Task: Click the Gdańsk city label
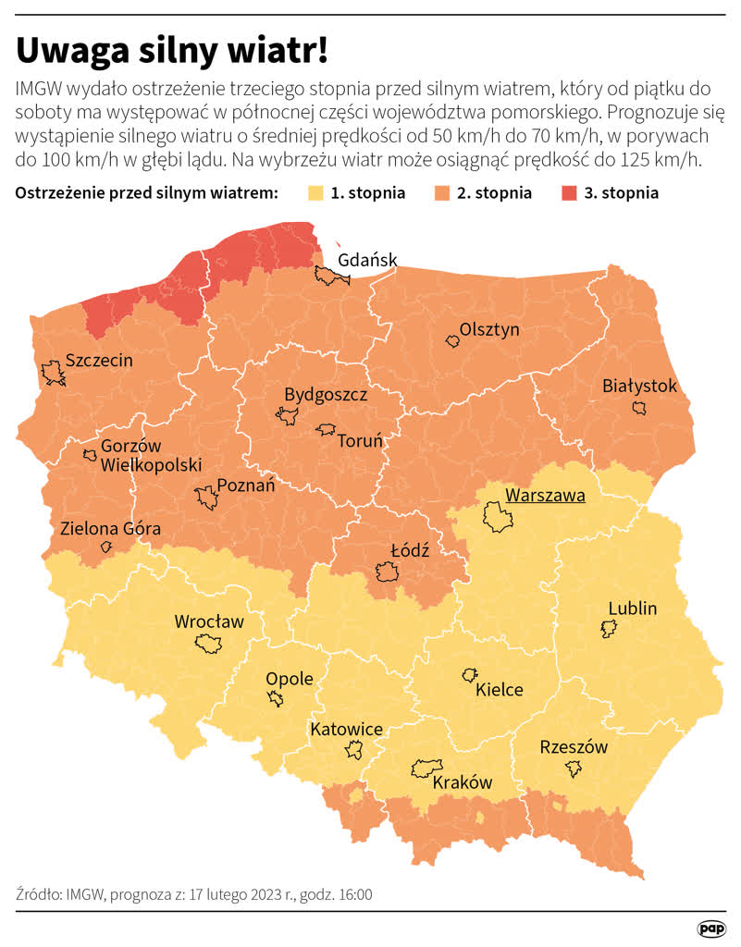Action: (x=367, y=260)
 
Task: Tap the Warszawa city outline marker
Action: (x=496, y=517)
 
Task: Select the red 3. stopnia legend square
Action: (x=566, y=193)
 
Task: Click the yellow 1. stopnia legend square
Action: (x=314, y=193)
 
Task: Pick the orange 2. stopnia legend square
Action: (x=439, y=193)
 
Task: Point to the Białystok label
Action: (x=639, y=386)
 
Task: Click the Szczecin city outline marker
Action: (x=53, y=375)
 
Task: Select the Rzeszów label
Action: (x=574, y=747)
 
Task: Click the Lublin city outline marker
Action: (x=609, y=629)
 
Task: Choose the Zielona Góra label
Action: (x=110, y=530)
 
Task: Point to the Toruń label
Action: (x=359, y=441)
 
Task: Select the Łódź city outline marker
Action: (x=387, y=573)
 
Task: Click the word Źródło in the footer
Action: (x=39, y=894)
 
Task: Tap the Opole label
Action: (x=290, y=679)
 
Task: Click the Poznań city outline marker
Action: (x=207, y=499)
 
